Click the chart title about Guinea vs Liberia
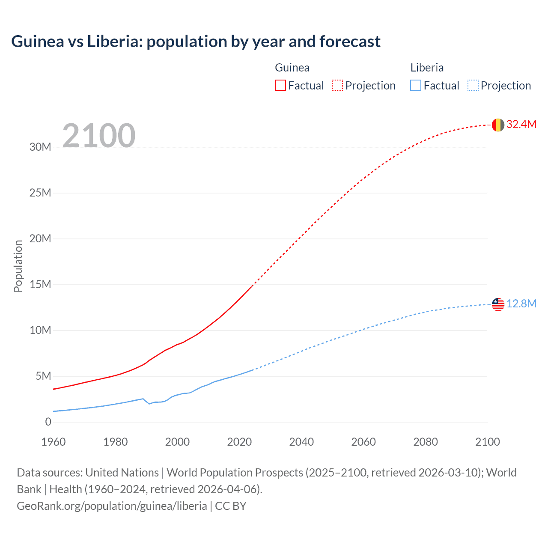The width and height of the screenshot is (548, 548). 196,42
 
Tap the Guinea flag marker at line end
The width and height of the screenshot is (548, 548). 498,125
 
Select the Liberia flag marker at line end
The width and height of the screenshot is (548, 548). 498,304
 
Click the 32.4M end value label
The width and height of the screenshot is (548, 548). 521,124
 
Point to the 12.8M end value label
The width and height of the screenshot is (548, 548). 521,304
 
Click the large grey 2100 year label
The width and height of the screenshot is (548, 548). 99,136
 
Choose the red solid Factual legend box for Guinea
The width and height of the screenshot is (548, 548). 280,85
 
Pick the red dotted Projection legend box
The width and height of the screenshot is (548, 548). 337,85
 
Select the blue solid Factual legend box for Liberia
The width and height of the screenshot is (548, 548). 416,85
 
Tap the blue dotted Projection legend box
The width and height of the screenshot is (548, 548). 473,85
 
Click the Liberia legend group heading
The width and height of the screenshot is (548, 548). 427,68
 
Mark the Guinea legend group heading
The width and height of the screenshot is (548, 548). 292,68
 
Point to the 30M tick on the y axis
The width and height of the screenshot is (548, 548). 40,147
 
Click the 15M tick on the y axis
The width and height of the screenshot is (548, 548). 40,284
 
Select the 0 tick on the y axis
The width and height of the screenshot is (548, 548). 48,422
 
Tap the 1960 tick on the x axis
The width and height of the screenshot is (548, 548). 54,442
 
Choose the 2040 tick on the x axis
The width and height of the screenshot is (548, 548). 301,442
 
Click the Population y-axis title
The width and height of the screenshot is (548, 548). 18,266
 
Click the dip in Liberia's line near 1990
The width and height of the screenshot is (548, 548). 149,403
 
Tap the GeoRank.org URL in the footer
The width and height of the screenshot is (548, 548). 112,506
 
